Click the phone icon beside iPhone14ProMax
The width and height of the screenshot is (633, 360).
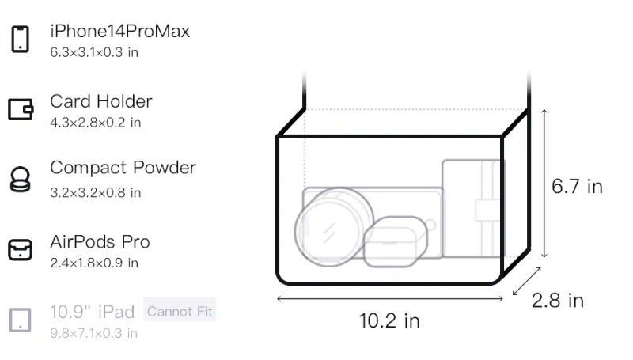tap(21, 39)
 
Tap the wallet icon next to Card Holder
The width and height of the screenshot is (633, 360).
tap(21, 109)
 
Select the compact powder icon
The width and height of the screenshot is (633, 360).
tap(21, 179)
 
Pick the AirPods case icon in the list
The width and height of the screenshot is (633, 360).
tap(21, 250)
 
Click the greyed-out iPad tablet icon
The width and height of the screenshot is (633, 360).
tap(21, 320)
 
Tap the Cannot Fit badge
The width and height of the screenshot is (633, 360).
tap(180, 311)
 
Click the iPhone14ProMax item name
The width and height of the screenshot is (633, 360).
tap(120, 31)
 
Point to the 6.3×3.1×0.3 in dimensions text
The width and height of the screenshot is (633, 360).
tap(94, 52)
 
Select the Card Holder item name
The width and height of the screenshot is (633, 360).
tap(101, 101)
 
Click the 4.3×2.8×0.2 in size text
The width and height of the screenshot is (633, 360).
tap(95, 123)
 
